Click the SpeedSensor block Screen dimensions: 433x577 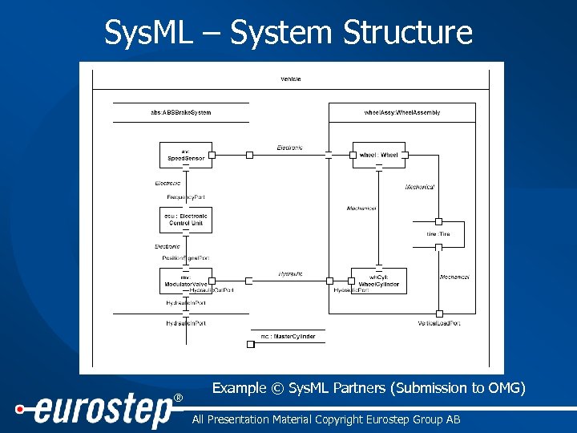pos(186,155)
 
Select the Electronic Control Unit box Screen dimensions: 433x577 pos(186,219)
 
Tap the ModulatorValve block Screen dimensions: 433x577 pos(186,281)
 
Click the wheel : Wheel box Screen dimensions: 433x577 pos(378,155)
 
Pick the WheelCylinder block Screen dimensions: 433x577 pos(378,281)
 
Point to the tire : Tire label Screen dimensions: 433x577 pos(438,234)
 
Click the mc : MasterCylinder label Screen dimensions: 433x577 pos(287,337)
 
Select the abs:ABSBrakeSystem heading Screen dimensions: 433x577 pos(181,112)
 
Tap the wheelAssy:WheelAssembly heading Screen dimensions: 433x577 pos(401,112)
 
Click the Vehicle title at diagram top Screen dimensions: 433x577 pos(290,79)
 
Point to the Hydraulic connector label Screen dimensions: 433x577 pos(290,273)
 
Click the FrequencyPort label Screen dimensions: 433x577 pos(187,196)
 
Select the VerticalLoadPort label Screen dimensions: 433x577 pos(438,322)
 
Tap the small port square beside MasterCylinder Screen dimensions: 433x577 pos(251,343)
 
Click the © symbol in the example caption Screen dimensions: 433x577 pos(277,389)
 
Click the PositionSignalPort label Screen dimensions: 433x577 pos(186,258)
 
